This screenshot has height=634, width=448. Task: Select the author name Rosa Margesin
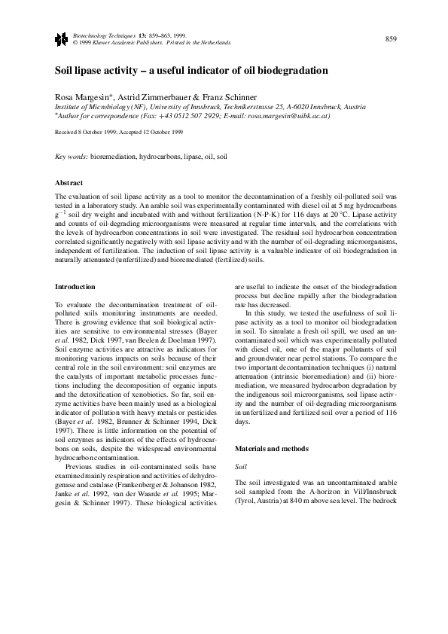coord(83,98)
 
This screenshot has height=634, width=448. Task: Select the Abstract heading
coord(71,182)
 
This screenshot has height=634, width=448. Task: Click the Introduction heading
coord(76,287)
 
